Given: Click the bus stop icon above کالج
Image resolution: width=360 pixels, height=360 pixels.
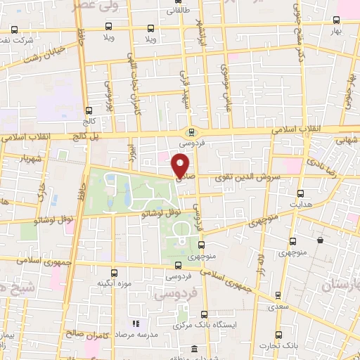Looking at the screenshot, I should [89, 110].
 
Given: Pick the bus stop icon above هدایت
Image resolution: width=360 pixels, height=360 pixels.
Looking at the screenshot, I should [301, 193].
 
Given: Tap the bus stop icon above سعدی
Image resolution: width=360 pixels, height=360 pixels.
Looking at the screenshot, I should [279, 295].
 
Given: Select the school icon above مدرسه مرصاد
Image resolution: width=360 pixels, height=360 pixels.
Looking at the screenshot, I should [136, 324].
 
